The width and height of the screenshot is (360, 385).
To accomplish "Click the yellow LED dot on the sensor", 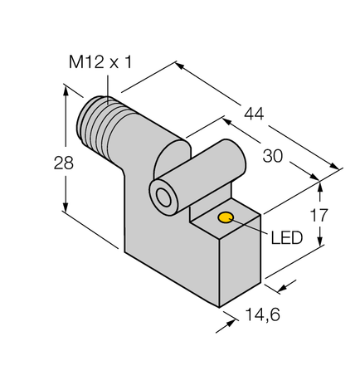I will click(225, 219).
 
